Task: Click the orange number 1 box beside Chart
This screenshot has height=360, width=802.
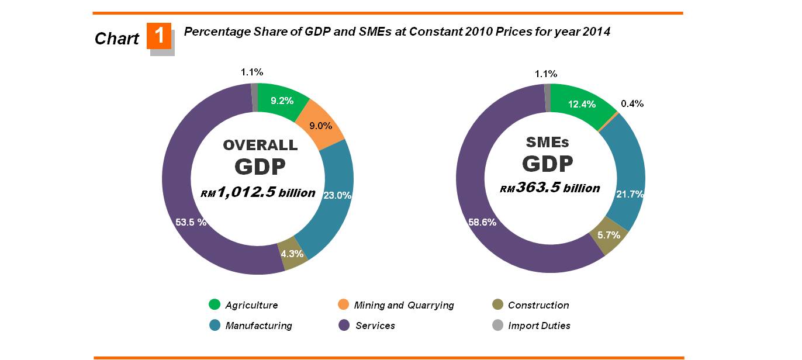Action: point(159,36)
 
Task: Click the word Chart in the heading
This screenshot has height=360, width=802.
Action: point(117,39)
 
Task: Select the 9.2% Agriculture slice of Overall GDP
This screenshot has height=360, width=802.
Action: point(282,101)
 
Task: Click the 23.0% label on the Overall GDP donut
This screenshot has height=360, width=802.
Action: point(337,196)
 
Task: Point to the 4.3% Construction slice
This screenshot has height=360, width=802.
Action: point(292,254)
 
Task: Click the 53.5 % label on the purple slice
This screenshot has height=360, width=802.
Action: point(191,222)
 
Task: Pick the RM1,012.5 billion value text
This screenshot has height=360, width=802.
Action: point(258,193)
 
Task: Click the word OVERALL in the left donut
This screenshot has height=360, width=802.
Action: point(260,145)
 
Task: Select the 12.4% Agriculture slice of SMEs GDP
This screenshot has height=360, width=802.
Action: point(581,105)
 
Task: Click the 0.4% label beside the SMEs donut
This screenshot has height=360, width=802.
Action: point(632,103)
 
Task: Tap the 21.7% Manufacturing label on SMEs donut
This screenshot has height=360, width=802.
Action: point(630,194)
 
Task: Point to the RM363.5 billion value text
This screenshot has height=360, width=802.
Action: point(549,188)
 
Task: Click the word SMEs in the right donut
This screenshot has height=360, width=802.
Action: point(548,142)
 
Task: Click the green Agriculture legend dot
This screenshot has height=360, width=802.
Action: point(215,304)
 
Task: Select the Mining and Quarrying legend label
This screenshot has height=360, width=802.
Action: point(404,305)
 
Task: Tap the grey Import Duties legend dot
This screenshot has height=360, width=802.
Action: point(497,325)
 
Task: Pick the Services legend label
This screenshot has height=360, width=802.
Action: point(375,326)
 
